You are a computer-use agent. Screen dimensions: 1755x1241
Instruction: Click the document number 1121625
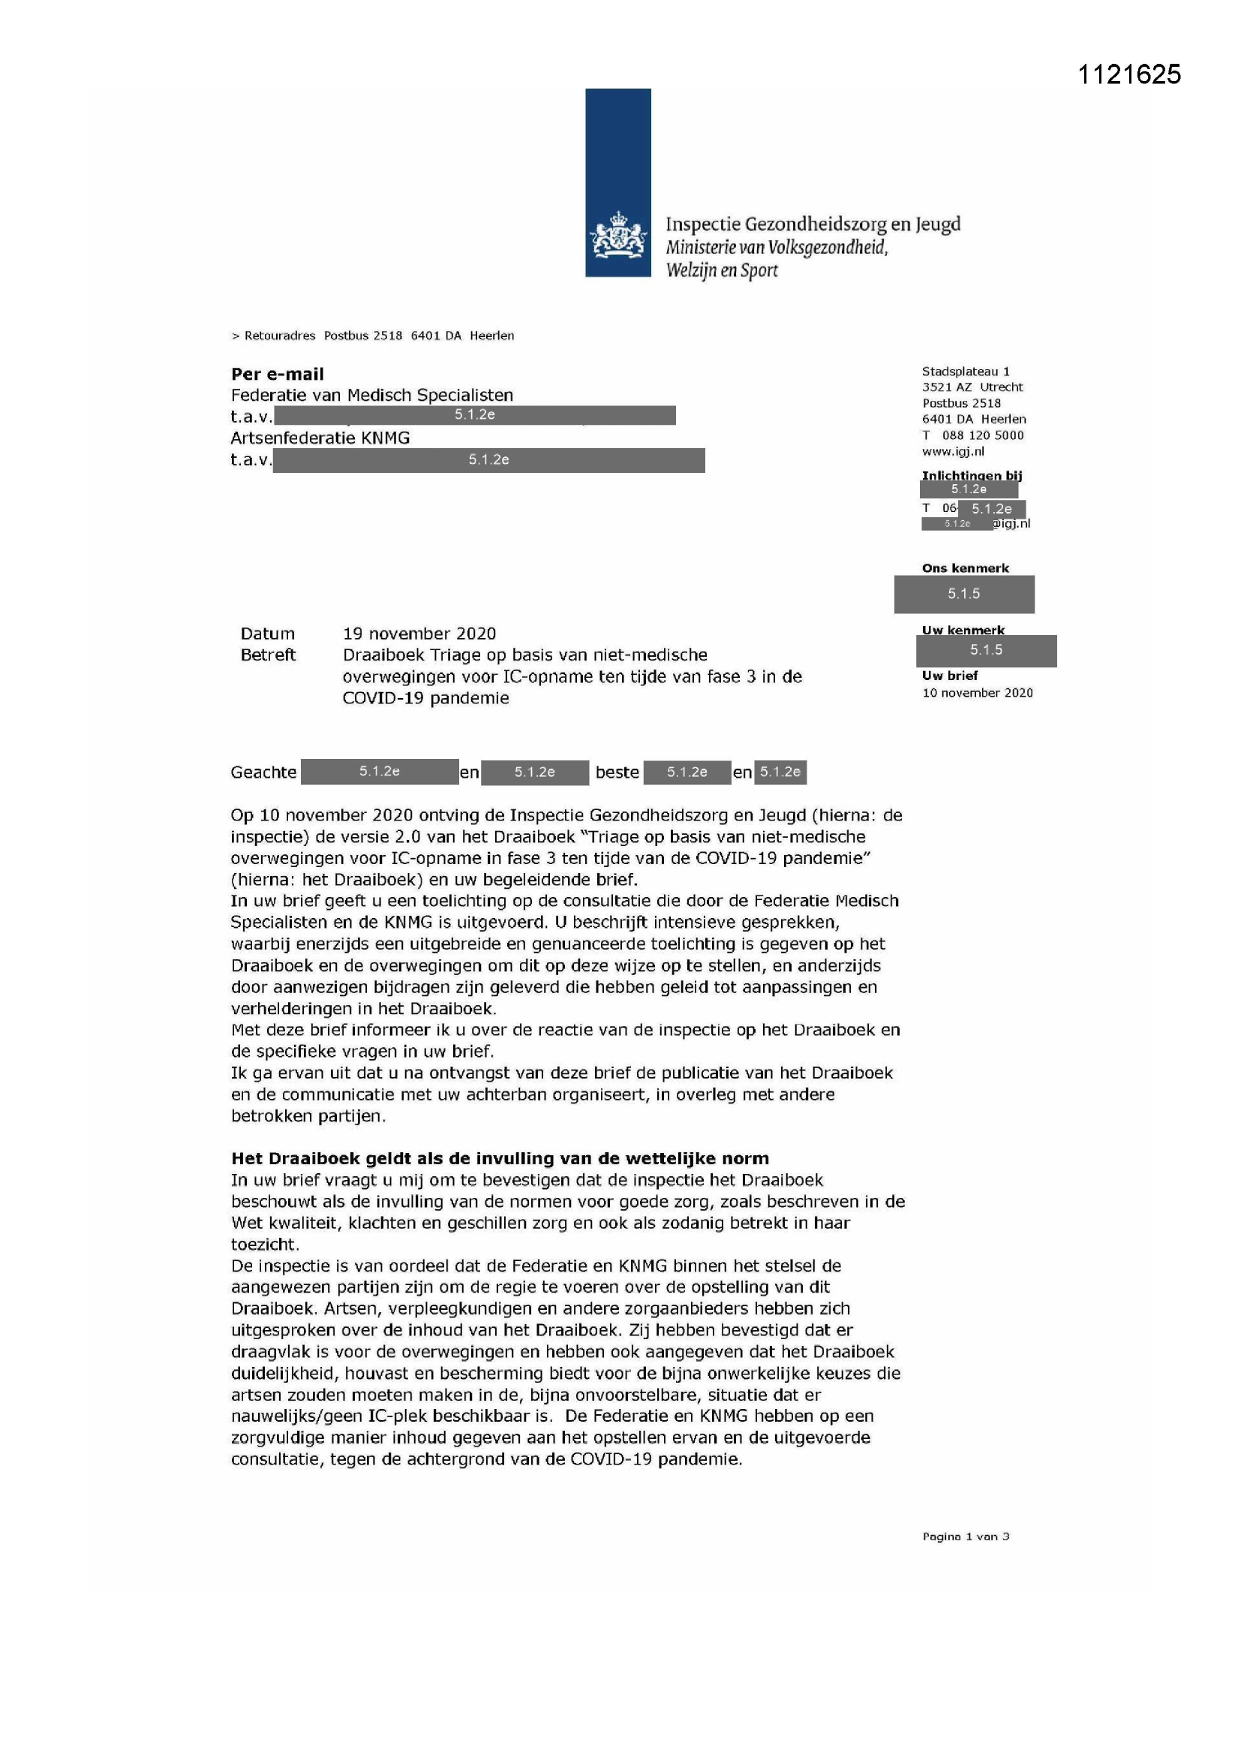[x=1128, y=74]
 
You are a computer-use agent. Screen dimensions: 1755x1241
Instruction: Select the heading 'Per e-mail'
[x=278, y=374]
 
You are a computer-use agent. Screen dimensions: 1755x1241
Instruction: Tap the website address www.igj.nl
[x=953, y=451]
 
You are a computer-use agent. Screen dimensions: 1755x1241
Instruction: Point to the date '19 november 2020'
[x=419, y=634]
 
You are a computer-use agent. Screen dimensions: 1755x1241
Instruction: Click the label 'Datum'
[x=267, y=634]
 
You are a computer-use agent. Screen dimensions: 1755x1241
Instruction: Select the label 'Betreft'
[x=267, y=655]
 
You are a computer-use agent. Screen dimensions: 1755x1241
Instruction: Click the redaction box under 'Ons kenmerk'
[x=963, y=594]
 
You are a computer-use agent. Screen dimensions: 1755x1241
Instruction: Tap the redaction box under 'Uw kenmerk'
[x=986, y=651]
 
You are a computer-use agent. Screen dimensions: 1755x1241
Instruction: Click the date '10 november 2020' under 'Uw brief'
[x=978, y=693]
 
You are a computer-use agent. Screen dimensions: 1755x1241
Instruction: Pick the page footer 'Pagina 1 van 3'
[x=965, y=1537]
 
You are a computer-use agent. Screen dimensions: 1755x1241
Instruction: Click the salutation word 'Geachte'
[x=263, y=772]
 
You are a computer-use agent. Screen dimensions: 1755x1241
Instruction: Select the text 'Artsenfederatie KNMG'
[x=320, y=438]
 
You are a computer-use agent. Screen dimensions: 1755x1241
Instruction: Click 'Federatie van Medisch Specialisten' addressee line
[x=372, y=395]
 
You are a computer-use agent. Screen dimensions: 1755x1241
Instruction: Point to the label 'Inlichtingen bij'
[x=971, y=475]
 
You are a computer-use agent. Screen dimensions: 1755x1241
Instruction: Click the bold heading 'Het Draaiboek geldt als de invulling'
[x=500, y=1158]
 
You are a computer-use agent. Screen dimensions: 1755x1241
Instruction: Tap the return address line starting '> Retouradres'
[x=373, y=336]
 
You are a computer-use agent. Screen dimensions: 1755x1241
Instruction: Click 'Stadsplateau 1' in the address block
[x=965, y=372]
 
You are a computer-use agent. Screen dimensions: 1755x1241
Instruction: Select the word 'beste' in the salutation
[x=617, y=772]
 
